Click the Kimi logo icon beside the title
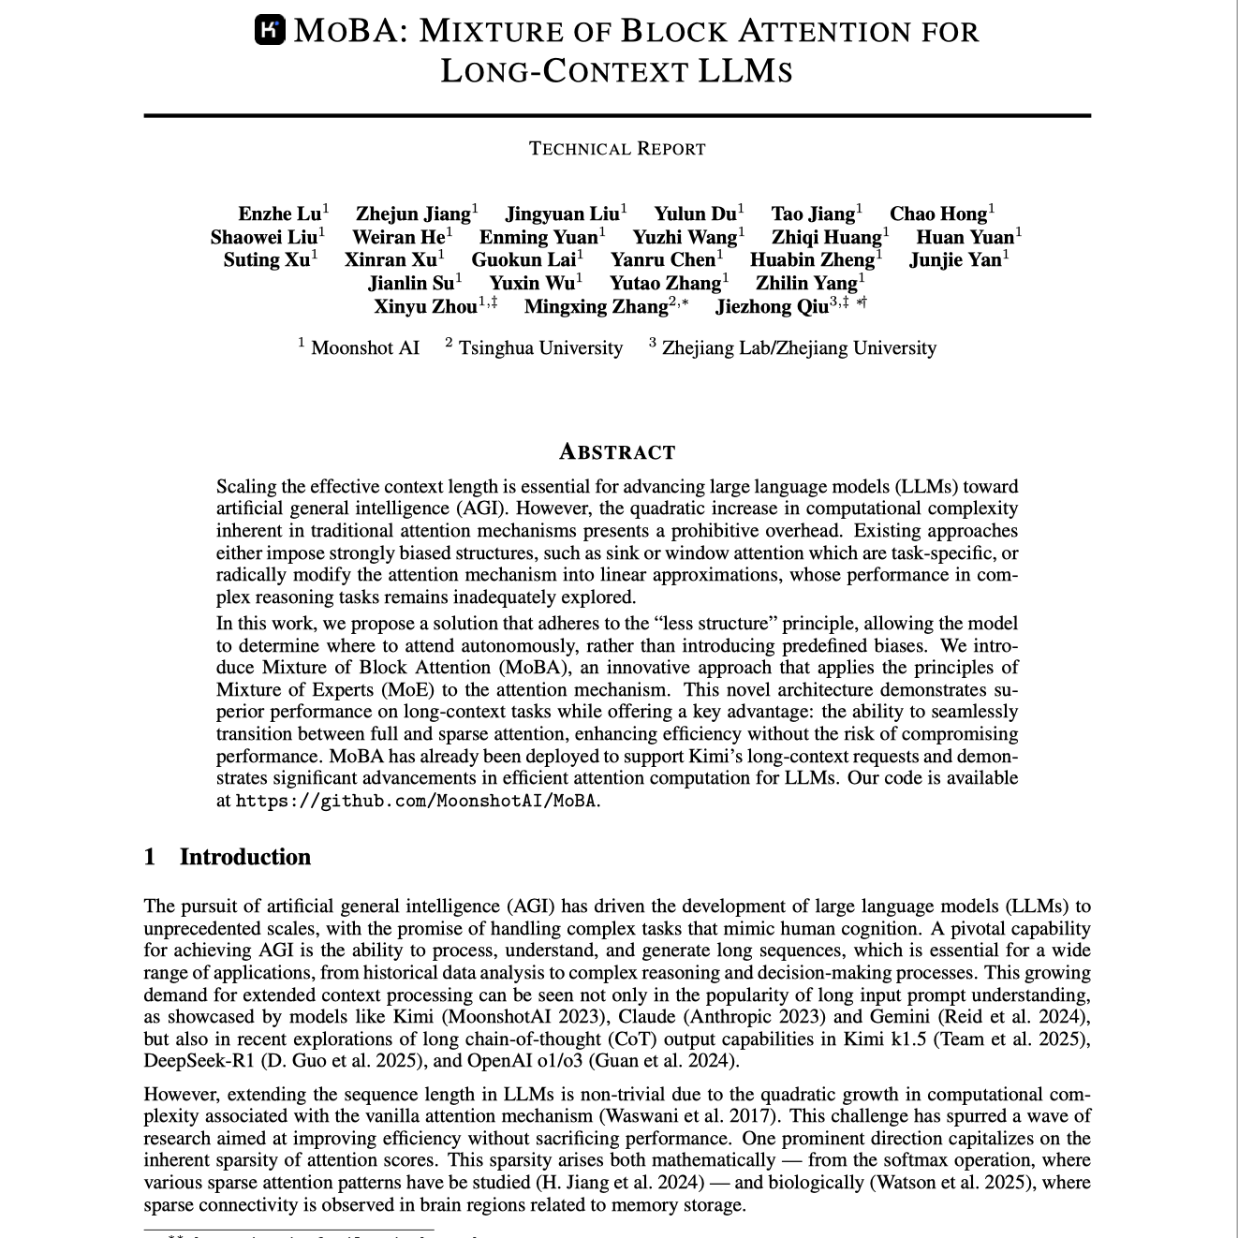pos(270,31)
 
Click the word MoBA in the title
pos(346,31)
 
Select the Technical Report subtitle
pos(617,149)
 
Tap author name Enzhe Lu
pos(279,214)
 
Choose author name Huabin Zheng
pos(812,260)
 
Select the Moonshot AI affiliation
pos(364,348)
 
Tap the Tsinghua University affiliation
pos(540,348)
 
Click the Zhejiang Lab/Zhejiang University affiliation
pos(798,348)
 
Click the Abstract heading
pos(617,452)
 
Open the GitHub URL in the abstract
pos(416,802)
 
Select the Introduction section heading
pos(245,857)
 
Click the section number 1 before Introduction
pos(150,857)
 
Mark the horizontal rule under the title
pos(617,115)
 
